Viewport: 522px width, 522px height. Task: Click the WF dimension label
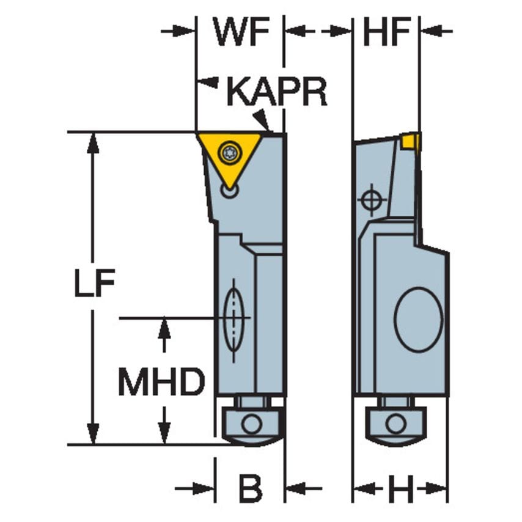[240, 32]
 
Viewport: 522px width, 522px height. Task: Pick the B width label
[249, 489]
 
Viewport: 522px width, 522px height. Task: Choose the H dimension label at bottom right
[400, 489]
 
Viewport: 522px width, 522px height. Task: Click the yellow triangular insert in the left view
[229, 156]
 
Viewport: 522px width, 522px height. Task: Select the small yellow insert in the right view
[411, 142]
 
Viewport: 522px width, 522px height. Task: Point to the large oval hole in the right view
[418, 319]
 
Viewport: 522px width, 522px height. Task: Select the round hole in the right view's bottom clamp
[395, 424]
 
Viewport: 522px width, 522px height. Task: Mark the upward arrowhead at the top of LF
[93, 142]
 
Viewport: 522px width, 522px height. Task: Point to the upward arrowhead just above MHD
[164, 327]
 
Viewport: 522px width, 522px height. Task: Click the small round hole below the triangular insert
[230, 191]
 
